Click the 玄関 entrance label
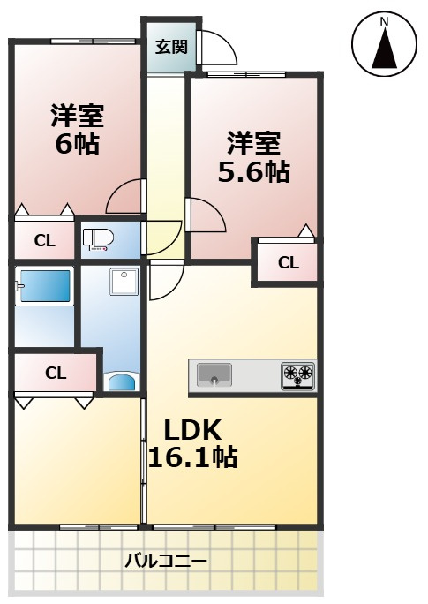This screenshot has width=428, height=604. click(171, 47)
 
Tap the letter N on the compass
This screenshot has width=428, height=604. click(384, 22)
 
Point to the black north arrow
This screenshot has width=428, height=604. click(385, 48)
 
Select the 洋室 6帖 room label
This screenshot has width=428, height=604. click(78, 130)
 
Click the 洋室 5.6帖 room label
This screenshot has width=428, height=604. click(253, 157)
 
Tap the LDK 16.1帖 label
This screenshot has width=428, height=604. click(192, 443)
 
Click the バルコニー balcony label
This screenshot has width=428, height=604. click(166, 561)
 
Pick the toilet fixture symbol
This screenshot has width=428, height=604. click(98, 239)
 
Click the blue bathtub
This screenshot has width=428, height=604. click(44, 286)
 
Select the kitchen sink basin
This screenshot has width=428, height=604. click(214, 374)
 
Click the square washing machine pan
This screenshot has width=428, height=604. click(124, 282)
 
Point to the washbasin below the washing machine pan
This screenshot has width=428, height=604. click(122, 381)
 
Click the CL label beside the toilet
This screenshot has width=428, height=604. click(45, 241)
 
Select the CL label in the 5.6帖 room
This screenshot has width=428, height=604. click(289, 263)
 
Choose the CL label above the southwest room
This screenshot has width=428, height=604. click(56, 373)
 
